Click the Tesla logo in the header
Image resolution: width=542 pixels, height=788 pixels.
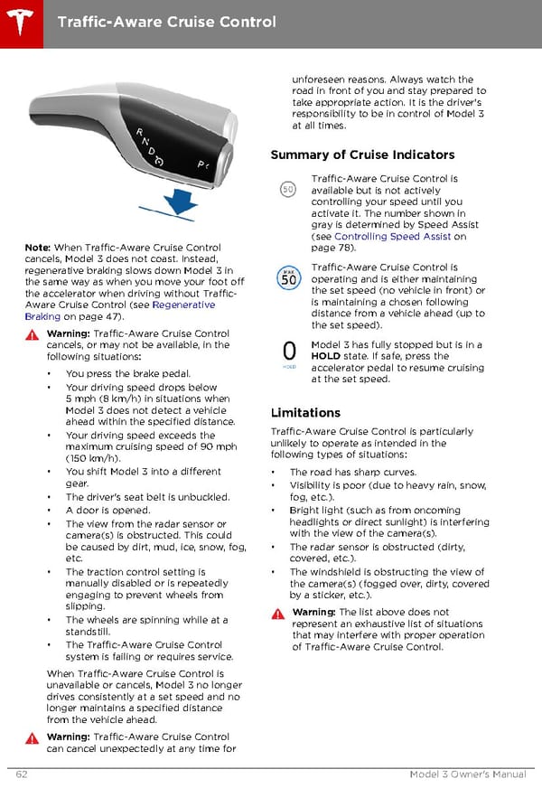pos(19,20)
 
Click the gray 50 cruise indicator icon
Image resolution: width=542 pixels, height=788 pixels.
pos(287,190)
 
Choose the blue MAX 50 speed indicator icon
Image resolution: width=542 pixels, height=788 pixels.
pos(287,277)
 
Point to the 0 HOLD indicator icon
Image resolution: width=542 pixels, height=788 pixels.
pos(288,354)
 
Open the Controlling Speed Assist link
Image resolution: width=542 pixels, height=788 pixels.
pos(392,237)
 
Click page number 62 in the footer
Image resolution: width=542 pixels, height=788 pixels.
pos(21,774)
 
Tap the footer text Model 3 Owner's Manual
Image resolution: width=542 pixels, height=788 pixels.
pos(467,774)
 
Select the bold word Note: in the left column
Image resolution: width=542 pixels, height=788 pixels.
pos(37,248)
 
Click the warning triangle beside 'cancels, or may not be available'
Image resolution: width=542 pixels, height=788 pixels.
pos(33,334)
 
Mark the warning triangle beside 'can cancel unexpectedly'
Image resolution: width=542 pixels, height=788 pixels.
pos(33,737)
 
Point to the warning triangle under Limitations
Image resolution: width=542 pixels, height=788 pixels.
pos(279,614)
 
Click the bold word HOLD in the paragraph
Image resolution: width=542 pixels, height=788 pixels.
pos(327,356)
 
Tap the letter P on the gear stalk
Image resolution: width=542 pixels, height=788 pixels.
pos(201,164)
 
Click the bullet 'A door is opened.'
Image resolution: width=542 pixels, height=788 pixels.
pos(107,510)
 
